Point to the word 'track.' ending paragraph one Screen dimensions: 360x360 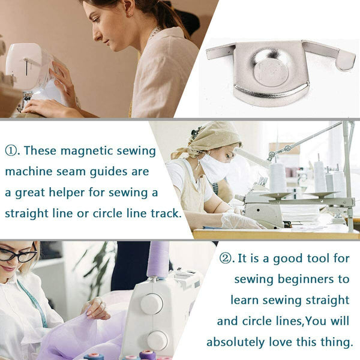(x=163, y=213)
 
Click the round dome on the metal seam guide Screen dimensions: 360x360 (x=269, y=67)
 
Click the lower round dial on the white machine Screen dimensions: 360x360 (x=157, y=340)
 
